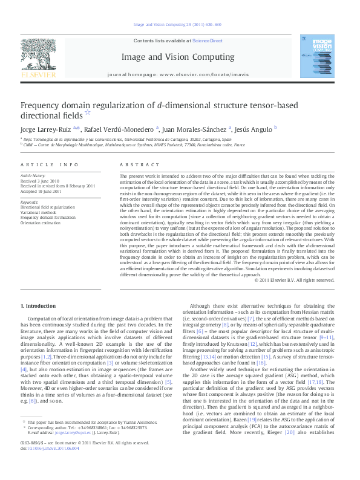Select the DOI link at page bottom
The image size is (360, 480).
[x=47, y=465]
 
